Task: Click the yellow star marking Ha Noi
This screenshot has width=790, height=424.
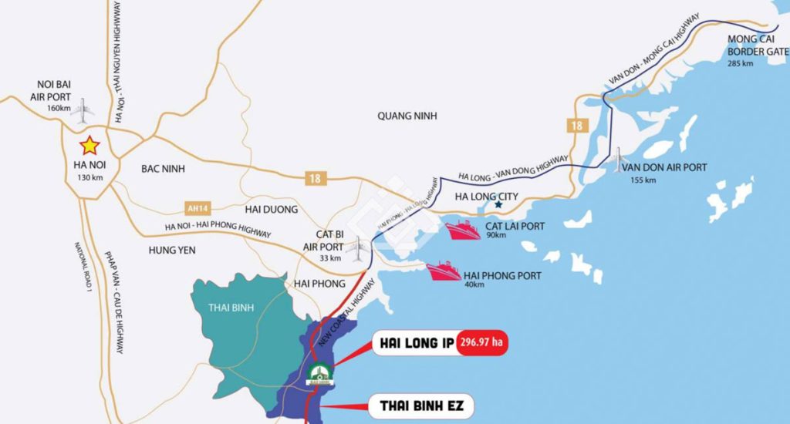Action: [x=90, y=145]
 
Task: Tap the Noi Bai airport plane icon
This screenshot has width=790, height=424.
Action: [x=82, y=109]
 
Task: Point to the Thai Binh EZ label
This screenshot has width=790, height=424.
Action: [x=420, y=405]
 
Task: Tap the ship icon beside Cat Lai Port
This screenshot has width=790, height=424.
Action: [x=461, y=230]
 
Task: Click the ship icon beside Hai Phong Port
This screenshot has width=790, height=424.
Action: [x=444, y=271]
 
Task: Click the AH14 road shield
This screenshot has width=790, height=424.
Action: [x=198, y=207]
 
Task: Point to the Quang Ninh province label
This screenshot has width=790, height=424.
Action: [x=407, y=116]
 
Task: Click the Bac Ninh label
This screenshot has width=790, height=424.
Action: [x=164, y=168]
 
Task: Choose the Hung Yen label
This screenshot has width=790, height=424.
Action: [x=172, y=250]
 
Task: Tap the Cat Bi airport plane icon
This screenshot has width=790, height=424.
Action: [x=357, y=248]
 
